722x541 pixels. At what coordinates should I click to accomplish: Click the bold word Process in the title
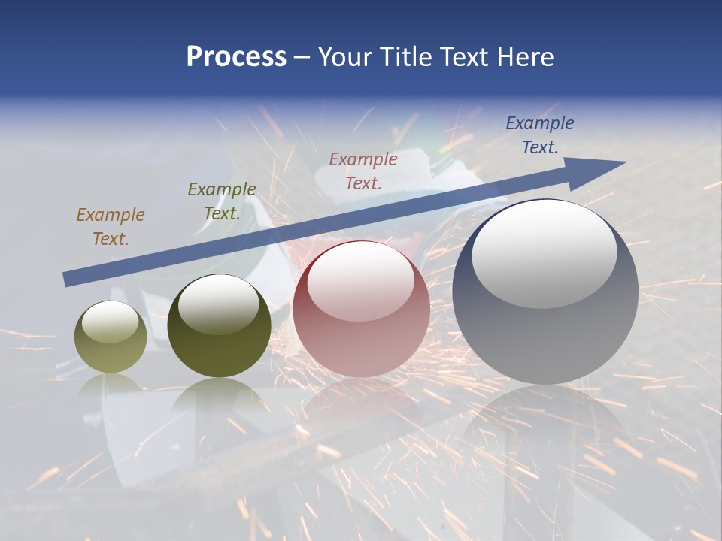[236, 57]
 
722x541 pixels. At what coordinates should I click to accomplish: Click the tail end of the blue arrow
[68, 280]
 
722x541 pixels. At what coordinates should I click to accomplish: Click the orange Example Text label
[111, 227]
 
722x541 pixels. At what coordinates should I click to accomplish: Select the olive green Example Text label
[222, 201]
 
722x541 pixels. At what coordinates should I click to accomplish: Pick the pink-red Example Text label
[363, 171]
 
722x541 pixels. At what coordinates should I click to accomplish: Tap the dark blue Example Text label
[540, 135]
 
